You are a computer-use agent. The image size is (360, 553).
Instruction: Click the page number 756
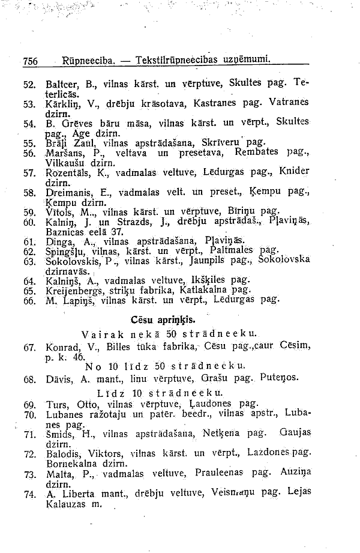click(30, 61)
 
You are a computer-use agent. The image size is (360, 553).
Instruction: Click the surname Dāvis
click(59, 379)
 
